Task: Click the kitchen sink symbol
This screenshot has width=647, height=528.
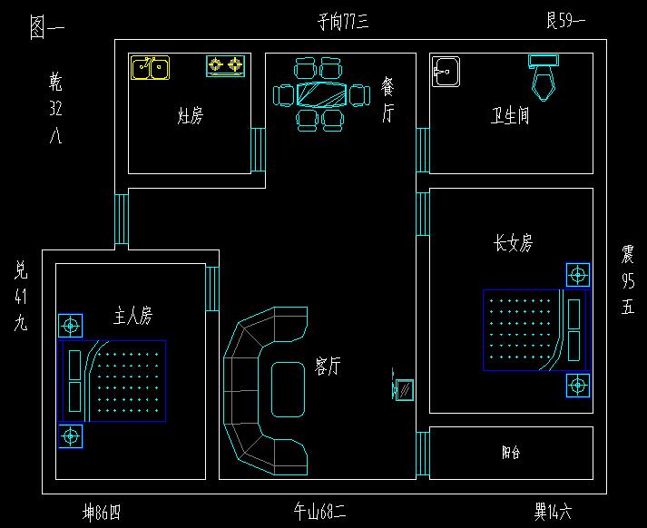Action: (150, 68)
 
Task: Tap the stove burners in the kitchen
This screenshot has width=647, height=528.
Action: (226, 65)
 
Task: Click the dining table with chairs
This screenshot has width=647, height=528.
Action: (322, 94)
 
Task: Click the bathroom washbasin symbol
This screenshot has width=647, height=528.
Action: (446, 72)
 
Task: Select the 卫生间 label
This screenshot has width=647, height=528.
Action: (510, 116)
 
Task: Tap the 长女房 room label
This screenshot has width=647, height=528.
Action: (513, 243)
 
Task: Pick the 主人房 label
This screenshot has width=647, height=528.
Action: (132, 316)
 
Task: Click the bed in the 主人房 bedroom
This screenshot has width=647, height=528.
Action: (114, 381)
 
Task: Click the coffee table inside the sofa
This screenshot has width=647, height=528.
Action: (289, 389)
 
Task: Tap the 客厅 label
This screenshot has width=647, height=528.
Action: (328, 366)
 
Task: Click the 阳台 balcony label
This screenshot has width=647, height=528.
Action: (511, 452)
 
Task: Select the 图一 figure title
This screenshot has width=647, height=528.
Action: (46, 28)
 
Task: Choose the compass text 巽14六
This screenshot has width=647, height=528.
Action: (553, 513)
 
